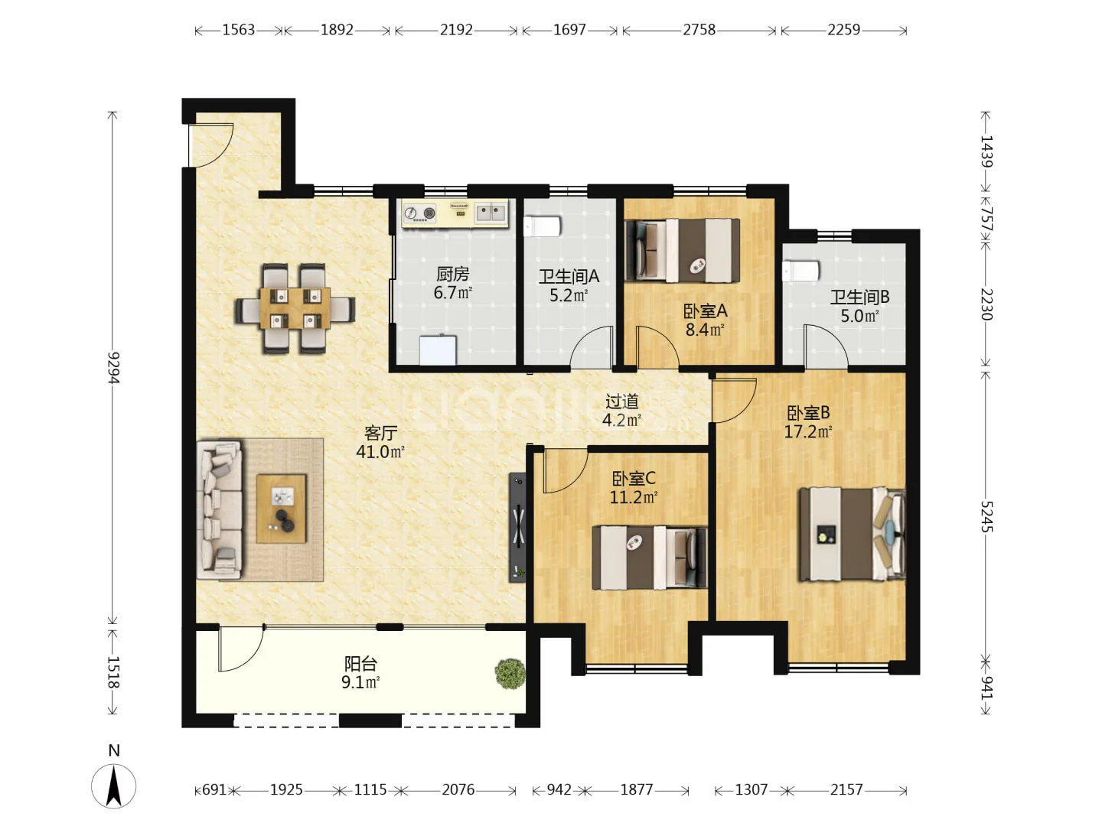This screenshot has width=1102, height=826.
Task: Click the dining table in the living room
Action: (295, 308)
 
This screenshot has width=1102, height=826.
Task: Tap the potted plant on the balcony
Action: (510, 674)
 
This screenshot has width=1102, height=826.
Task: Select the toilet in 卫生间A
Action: (542, 226)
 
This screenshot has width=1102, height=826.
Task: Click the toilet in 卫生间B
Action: (800, 271)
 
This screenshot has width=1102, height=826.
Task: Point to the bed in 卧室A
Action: (683, 250)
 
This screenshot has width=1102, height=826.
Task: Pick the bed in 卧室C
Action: (650, 558)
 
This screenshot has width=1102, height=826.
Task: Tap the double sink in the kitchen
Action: (491, 212)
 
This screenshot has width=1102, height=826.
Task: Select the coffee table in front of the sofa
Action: (281, 509)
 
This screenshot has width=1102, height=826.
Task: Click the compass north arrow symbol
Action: (114, 786)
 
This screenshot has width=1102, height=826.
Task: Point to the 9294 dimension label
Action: (113, 368)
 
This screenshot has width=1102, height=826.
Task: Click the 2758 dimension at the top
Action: (699, 30)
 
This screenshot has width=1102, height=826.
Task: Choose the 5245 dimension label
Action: (986, 516)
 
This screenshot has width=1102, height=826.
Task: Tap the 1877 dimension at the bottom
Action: (637, 790)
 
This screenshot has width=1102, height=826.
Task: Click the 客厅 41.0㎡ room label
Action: (380, 442)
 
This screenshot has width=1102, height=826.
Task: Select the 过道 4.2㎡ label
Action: (622, 410)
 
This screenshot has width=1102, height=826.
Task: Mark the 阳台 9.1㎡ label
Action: (360, 673)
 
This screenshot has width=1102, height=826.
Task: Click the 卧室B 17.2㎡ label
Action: (808, 421)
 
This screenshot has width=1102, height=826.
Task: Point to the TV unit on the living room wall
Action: (517, 527)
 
